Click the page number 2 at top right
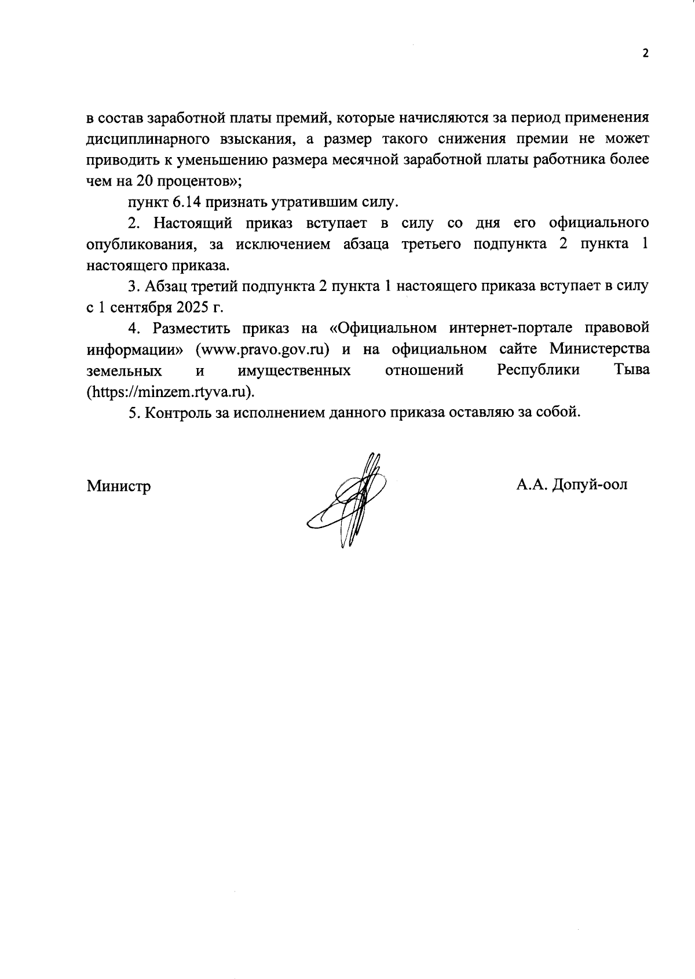pyautogui.click(x=645, y=53)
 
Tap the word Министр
pyautogui.click(x=119, y=486)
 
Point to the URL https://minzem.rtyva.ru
pyautogui.click(x=170, y=391)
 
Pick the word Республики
pyautogui.click(x=539, y=370)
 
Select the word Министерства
pyautogui.click(x=599, y=350)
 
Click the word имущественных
pyautogui.click(x=294, y=370)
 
